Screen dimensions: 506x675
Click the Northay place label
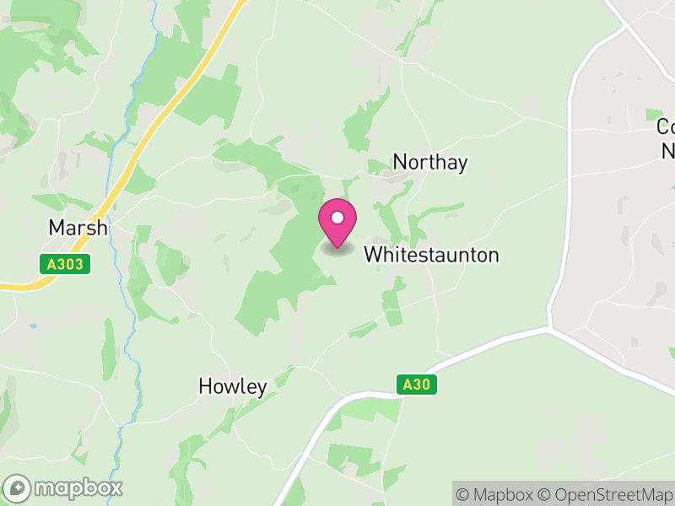click(430, 163)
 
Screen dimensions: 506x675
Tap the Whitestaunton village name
click(431, 255)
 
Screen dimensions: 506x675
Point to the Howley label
click(233, 387)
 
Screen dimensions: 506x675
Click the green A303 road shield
click(65, 264)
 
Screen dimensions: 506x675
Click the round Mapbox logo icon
click(18, 487)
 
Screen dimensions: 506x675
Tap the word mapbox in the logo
click(78, 487)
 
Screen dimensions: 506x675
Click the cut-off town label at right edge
click(666, 138)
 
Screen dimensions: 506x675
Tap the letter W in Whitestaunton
click(372, 255)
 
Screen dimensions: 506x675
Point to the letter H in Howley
click(205, 387)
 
